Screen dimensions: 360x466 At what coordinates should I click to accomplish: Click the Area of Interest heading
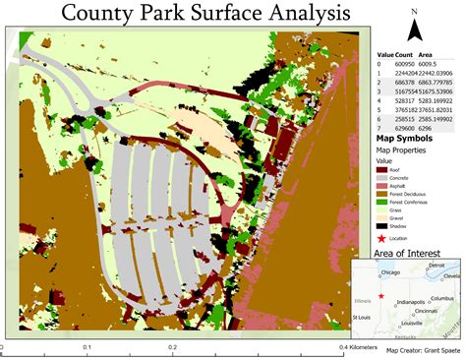pyautogui.click(x=407, y=253)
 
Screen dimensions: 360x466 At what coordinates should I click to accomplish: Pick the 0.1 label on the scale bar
pyautogui.click(x=87, y=348)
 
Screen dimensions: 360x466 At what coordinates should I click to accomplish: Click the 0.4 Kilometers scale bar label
pyautogui.click(x=363, y=348)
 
